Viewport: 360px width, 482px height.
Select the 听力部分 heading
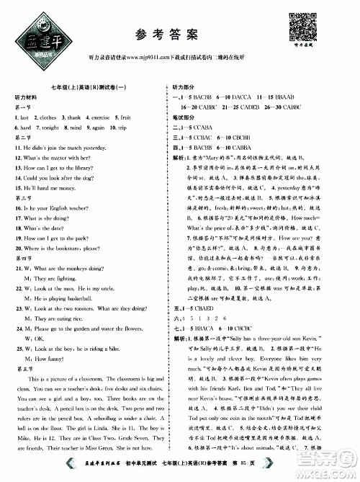tap(203, 86)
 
